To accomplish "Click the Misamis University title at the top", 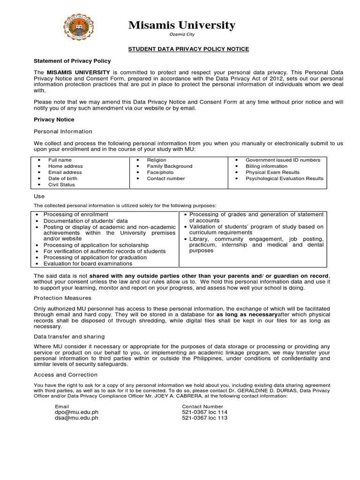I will tap(182, 25).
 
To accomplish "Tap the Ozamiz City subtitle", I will tap(182, 35).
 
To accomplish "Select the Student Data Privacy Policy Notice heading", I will tap(189, 49).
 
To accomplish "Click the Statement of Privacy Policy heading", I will tap(72, 61).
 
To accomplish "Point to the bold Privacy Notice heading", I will tap(54, 120).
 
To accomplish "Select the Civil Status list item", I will tap(61, 185).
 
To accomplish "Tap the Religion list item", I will tap(157, 160).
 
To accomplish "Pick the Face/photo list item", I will tap(160, 172).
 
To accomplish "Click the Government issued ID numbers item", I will tap(283, 160).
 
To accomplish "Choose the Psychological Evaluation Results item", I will tap(284, 179).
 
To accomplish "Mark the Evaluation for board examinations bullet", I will tap(88, 263).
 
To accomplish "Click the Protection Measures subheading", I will tap(62, 298).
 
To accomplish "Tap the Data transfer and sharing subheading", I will tap(69, 337).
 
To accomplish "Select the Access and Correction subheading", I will tap(66, 375).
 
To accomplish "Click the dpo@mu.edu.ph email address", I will tap(76, 412).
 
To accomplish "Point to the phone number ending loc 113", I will tap(204, 418).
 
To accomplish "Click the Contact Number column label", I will tap(202, 406).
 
